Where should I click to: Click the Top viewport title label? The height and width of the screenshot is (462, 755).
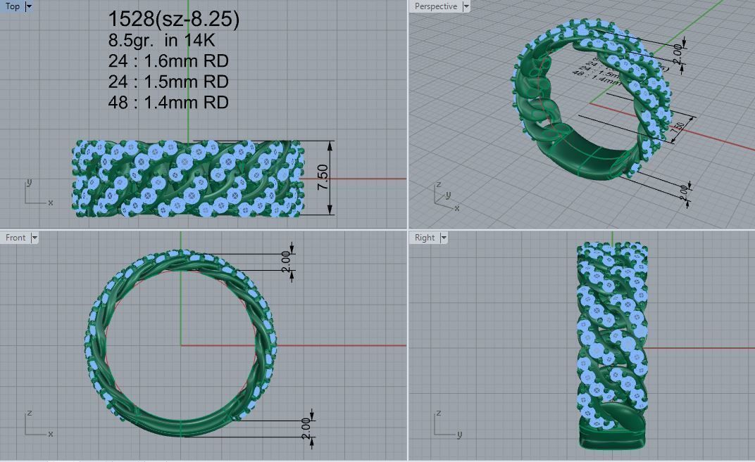tap(13, 6)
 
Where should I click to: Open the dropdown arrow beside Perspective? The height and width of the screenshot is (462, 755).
tap(466, 6)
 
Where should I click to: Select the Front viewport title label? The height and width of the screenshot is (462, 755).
tap(15, 238)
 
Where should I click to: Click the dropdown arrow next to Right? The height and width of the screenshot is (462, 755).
tap(444, 238)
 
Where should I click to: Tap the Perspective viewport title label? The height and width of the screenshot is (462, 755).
tap(435, 6)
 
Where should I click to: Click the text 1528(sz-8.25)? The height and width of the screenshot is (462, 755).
tap(173, 19)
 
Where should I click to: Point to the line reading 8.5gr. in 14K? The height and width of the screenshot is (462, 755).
tap(161, 40)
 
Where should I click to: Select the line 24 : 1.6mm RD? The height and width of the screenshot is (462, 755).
tap(168, 61)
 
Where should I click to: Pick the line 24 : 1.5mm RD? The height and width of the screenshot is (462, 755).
tap(168, 82)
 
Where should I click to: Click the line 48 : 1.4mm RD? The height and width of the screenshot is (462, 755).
tap(168, 102)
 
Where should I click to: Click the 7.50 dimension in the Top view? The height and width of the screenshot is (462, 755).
tap(323, 177)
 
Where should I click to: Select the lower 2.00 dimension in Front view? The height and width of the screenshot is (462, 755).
tap(305, 427)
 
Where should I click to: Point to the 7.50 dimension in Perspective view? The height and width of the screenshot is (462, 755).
tap(678, 129)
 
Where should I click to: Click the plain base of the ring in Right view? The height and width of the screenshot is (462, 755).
tap(611, 435)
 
